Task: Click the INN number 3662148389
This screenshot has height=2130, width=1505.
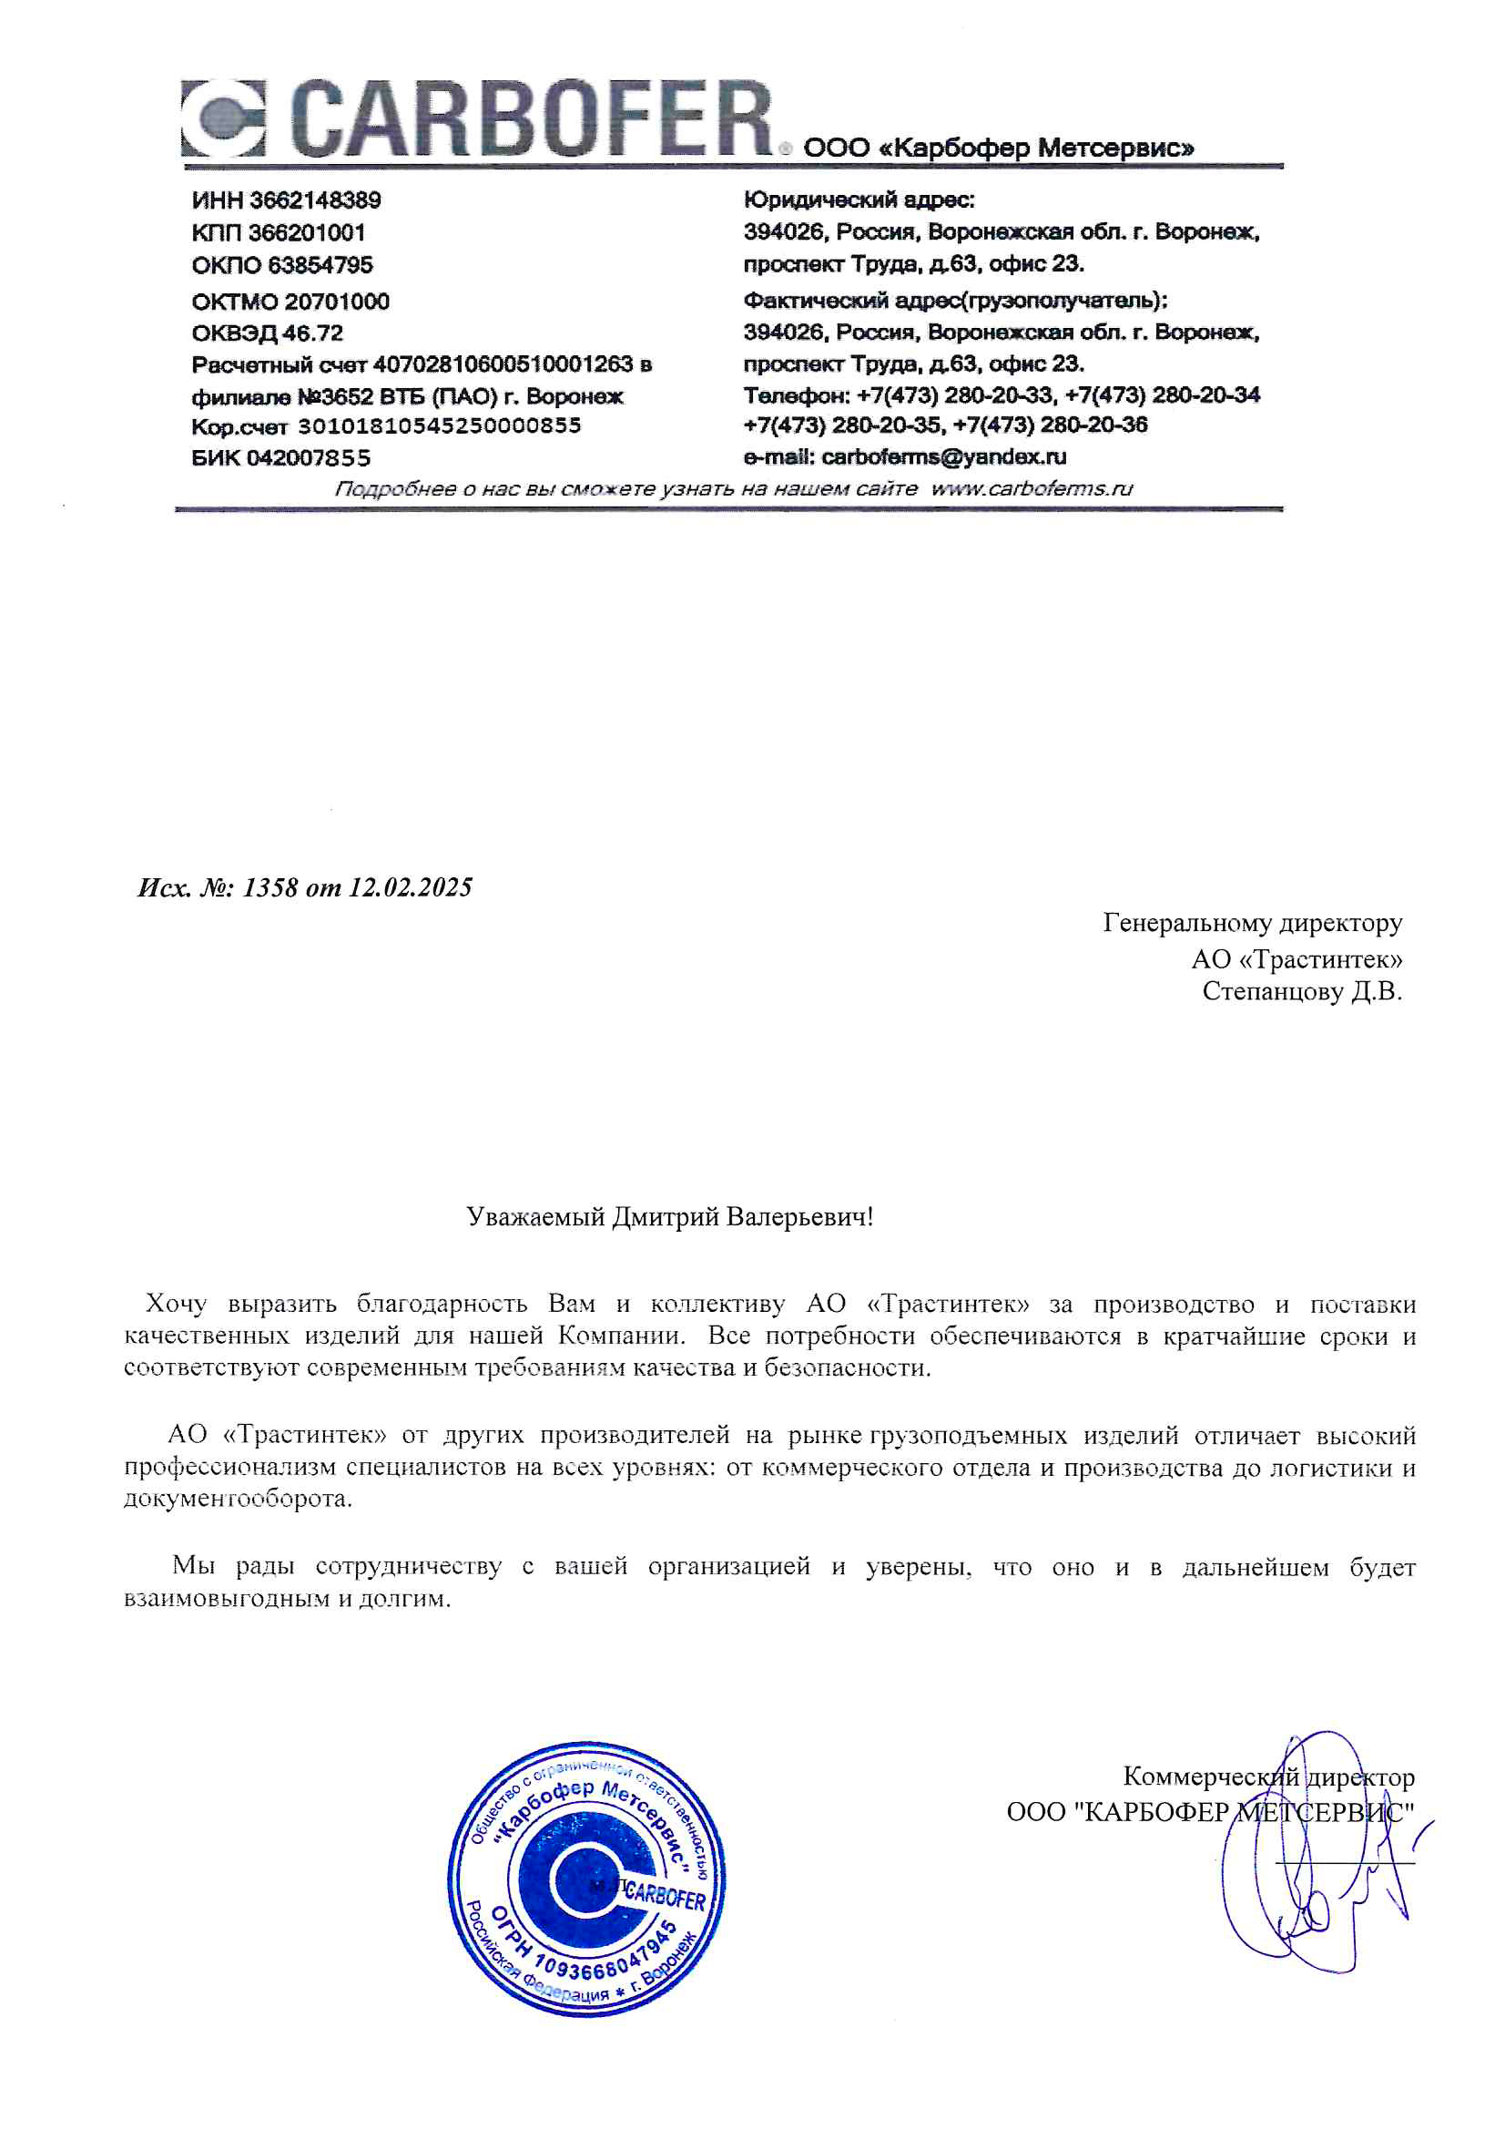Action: (x=315, y=200)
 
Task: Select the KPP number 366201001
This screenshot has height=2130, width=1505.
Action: (x=306, y=233)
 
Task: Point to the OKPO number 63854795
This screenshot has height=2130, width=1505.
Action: (x=320, y=265)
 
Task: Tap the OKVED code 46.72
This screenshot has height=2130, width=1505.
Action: (x=312, y=333)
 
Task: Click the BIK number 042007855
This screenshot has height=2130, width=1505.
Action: (x=308, y=458)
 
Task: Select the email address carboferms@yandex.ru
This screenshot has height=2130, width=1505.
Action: (x=943, y=457)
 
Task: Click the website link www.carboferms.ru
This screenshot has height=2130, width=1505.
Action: (x=1032, y=489)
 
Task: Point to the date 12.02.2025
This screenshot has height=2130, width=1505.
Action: (x=410, y=888)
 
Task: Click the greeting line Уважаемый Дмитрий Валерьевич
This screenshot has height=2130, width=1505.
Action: (x=669, y=1216)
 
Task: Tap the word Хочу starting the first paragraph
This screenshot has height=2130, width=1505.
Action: (x=177, y=1305)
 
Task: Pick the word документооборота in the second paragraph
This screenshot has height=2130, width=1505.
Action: (x=238, y=1500)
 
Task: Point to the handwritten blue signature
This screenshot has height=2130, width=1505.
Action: (x=1317, y=1865)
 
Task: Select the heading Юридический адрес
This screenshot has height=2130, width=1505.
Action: (x=859, y=200)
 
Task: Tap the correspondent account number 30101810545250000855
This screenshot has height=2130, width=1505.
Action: (x=439, y=425)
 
